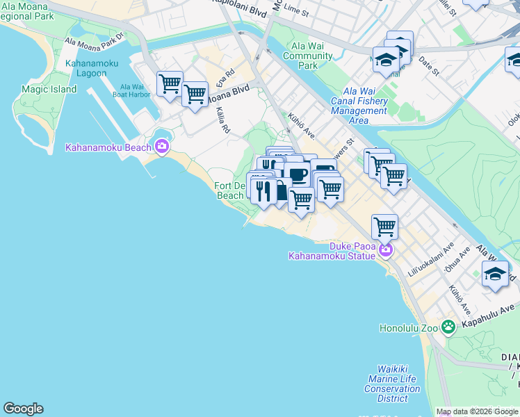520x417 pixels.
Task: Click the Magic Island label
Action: [48, 89]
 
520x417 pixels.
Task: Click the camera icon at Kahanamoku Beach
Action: [162, 146]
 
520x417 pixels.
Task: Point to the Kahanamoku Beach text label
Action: [108, 147]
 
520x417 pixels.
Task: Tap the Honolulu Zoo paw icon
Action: [448, 326]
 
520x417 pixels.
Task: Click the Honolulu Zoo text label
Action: [409, 328]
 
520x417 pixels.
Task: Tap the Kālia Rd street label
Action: [222, 120]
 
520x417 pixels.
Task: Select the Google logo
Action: [23, 408]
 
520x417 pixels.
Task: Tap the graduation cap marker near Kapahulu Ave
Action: [495, 274]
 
